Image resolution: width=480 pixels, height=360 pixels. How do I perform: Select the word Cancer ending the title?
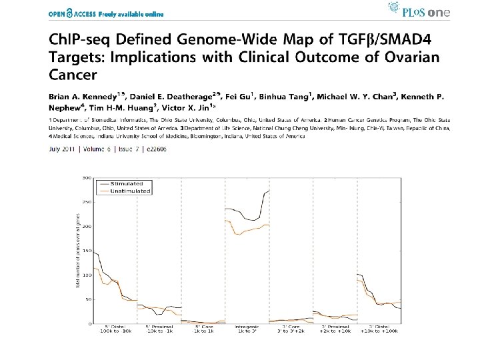73,74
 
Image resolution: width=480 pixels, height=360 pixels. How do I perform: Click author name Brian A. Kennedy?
82,99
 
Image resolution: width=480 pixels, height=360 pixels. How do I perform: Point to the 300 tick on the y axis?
87,178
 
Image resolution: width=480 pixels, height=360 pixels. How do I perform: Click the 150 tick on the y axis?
87,251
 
